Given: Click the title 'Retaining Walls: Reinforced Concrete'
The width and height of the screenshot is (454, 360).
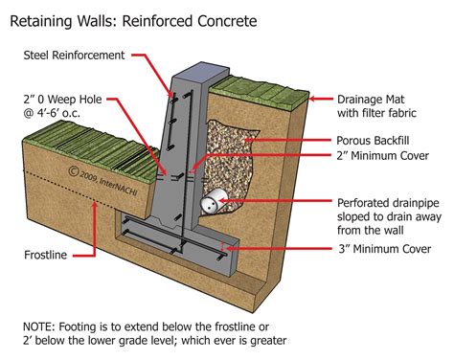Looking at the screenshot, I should coord(134,18).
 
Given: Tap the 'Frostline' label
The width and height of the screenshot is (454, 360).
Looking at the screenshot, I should coord(47,257).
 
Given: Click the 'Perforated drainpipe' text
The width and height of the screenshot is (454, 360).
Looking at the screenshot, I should coord(389,203).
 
